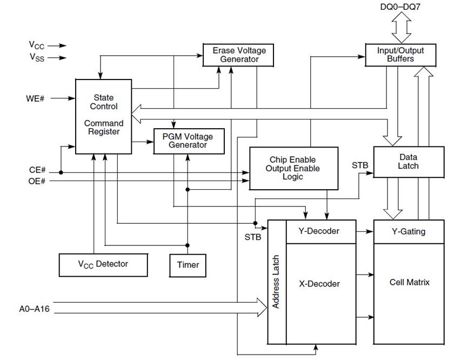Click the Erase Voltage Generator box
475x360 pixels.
click(x=239, y=55)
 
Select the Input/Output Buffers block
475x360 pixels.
click(x=400, y=55)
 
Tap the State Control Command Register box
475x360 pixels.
click(x=103, y=116)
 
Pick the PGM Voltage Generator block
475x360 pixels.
click(x=188, y=141)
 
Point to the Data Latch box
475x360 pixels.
click(x=408, y=161)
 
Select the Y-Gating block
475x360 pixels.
click(x=408, y=231)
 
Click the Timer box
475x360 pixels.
click(x=188, y=264)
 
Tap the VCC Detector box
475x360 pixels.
click(x=103, y=264)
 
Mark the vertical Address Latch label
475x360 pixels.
click(x=276, y=282)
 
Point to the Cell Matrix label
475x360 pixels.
click(x=409, y=282)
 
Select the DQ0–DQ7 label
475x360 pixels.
click(x=401, y=8)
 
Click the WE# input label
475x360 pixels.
click(x=35, y=98)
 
